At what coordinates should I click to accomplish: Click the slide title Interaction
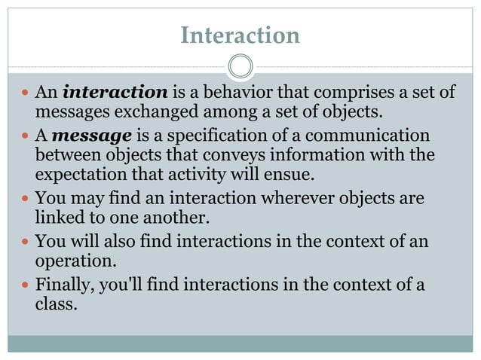point(240,35)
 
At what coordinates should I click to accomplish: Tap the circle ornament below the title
point(240,67)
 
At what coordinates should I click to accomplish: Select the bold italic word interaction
point(115,93)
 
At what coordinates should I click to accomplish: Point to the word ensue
point(290,175)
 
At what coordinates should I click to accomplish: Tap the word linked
point(57,218)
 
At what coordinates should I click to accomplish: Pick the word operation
point(72,261)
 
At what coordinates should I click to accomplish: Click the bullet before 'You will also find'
point(24,243)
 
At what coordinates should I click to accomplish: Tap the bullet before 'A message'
point(24,137)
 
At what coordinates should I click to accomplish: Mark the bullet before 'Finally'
point(24,285)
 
